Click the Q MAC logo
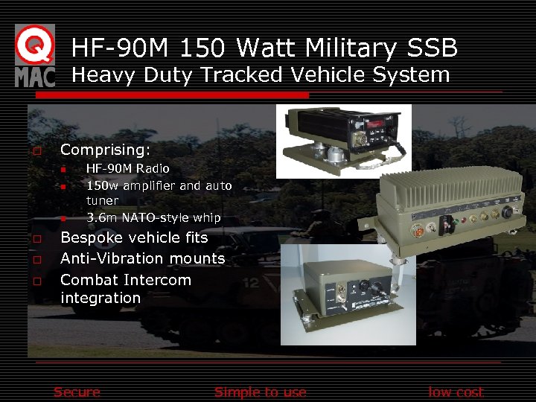tap(34, 55)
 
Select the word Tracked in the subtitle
tap(239, 75)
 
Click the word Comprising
tap(104, 150)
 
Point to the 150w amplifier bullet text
tap(159, 185)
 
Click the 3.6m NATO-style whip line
tap(153, 217)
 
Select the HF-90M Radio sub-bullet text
tap(127, 169)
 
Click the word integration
tap(100, 298)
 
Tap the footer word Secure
tap(77, 392)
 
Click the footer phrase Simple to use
tap(260, 392)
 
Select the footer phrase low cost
tap(456, 392)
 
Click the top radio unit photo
tap(343, 141)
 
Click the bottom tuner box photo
tap(337, 294)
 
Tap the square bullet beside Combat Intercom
tap(36, 281)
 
